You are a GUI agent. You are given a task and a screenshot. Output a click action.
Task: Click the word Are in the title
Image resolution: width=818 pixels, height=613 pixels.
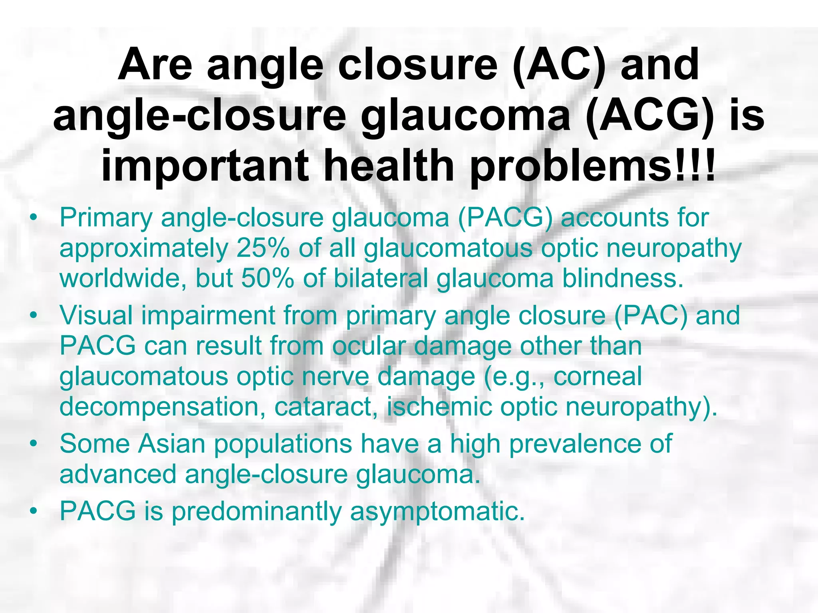click(x=155, y=65)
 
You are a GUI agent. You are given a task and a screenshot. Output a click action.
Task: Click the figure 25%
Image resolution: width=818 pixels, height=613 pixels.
click(x=263, y=248)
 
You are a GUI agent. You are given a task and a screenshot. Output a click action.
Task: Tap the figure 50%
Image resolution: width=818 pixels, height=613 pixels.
click(x=268, y=278)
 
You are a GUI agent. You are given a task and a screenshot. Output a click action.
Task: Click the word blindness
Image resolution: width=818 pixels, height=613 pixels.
click(x=623, y=278)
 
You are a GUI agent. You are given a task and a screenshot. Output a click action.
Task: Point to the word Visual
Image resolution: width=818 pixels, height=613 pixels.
click(x=96, y=315)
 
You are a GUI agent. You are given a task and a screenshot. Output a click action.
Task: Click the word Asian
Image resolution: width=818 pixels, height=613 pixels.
click(x=172, y=444)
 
